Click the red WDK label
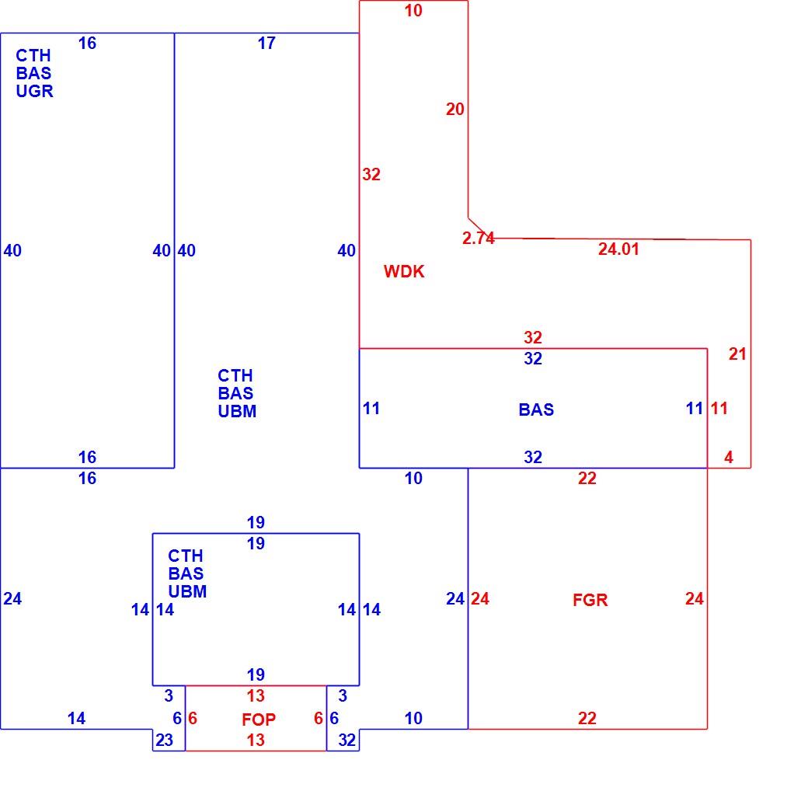pyautogui.click(x=404, y=271)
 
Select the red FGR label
pyautogui.click(x=590, y=600)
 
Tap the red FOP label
pyautogui.click(x=259, y=720)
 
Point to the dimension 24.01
pyautogui.click(x=618, y=249)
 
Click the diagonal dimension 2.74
pyautogui.click(x=479, y=238)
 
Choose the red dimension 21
pyautogui.click(x=737, y=354)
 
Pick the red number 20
pyautogui.click(x=455, y=110)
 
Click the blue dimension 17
pyautogui.click(x=266, y=44)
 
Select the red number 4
pyautogui.click(x=729, y=457)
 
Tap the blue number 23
pyautogui.click(x=165, y=740)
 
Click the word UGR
pyautogui.click(x=34, y=91)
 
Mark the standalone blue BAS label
pyautogui.click(x=536, y=409)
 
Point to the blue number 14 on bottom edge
pyautogui.click(x=76, y=718)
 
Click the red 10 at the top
pyautogui.click(x=413, y=11)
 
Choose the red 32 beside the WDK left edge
pyautogui.click(x=371, y=175)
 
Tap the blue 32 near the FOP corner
pyautogui.click(x=347, y=740)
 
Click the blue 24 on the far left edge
pyautogui.click(x=12, y=599)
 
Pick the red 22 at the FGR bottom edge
pyautogui.click(x=587, y=718)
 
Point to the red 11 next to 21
pyautogui.click(x=719, y=409)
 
